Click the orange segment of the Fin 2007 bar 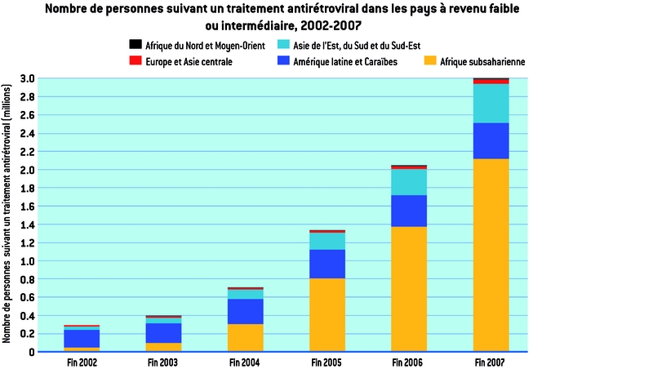pyautogui.click(x=491, y=255)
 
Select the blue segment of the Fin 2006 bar pyautogui.click(x=409, y=211)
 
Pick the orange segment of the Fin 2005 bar pyautogui.click(x=327, y=315)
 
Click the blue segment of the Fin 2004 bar pyautogui.click(x=246, y=312)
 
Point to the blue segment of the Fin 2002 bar pyautogui.click(x=82, y=339)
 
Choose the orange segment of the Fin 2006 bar pyautogui.click(x=409, y=289)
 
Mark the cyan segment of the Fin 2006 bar pyautogui.click(x=409, y=182)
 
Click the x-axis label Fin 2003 pyautogui.click(x=163, y=361)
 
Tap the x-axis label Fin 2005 pyautogui.click(x=327, y=361)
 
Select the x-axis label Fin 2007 pyautogui.click(x=491, y=361)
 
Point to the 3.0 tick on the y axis pyautogui.click(x=26, y=79)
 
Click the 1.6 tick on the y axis pyautogui.click(x=26, y=207)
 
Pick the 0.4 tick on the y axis pyautogui.click(x=26, y=316)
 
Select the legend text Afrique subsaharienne pyautogui.click(x=482, y=61)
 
